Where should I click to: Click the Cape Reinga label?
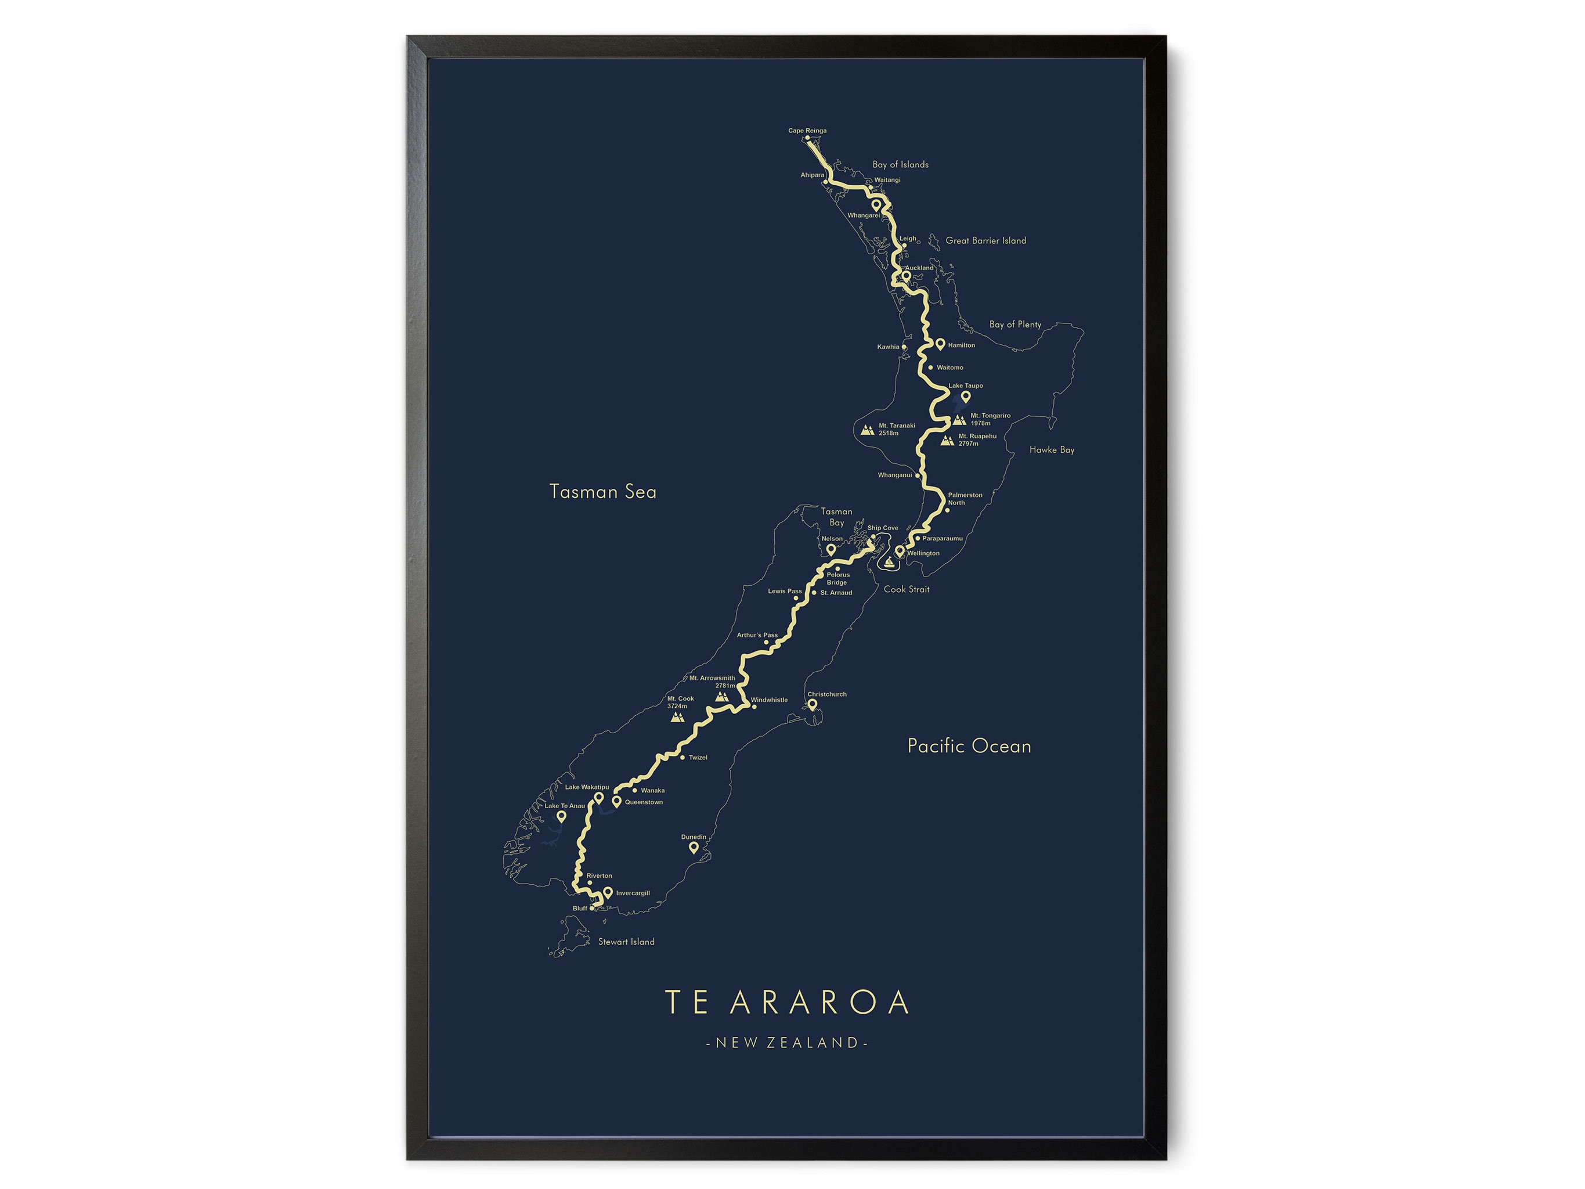click(807, 131)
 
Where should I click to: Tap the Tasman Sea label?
click(602, 492)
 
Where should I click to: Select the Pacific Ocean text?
click(969, 746)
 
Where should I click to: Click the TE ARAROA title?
click(788, 1002)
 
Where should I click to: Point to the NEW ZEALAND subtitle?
click(787, 1043)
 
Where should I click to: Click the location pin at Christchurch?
click(813, 704)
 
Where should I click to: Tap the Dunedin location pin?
click(693, 847)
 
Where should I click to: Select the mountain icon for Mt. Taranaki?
click(867, 430)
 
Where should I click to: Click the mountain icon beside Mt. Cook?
click(676, 716)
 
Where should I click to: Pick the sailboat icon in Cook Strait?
click(890, 563)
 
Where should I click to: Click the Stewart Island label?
click(626, 942)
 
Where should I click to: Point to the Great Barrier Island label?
click(985, 241)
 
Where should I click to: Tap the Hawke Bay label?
click(1051, 450)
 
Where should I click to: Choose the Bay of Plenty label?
click(1014, 325)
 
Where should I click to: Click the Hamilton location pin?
click(940, 344)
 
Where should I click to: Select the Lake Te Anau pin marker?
click(561, 816)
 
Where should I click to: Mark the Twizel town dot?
click(681, 758)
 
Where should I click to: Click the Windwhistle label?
click(769, 700)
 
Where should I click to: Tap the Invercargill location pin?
click(608, 892)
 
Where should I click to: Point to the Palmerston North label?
click(965, 499)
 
